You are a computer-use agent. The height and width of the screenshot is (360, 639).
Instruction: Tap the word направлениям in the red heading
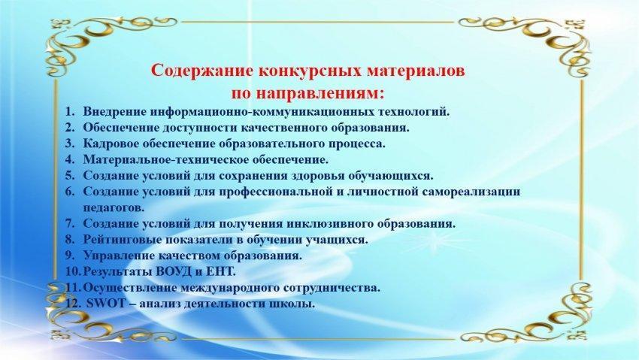tap(320, 94)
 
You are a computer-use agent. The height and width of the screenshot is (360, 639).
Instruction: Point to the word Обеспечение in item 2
tap(122, 128)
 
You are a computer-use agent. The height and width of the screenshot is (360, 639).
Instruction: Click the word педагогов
tap(114, 207)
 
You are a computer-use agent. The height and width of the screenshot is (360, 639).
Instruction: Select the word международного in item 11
tap(229, 288)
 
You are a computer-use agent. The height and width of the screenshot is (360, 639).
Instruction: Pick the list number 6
tap(70, 192)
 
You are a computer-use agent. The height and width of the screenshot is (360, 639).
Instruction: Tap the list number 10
tap(73, 271)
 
